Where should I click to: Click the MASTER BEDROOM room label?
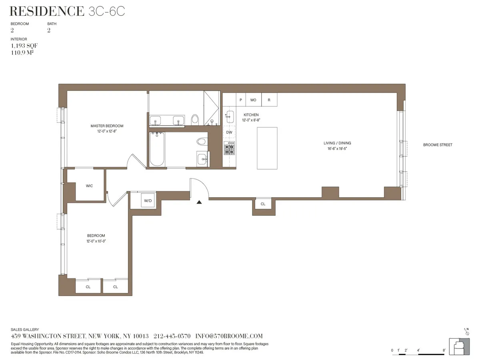click(x=107, y=126)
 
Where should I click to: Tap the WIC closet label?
click(x=90, y=186)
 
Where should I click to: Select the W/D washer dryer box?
click(x=148, y=200)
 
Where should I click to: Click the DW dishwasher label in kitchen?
click(x=229, y=132)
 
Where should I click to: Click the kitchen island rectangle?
click(x=267, y=148)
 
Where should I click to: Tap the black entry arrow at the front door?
click(x=199, y=202)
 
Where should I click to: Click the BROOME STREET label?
click(x=438, y=145)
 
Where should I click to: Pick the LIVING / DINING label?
click(x=337, y=143)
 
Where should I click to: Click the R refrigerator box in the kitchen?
click(x=269, y=100)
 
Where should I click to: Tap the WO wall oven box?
click(x=253, y=100)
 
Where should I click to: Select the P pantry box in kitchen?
click(x=241, y=100)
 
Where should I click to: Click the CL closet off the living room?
click(x=263, y=204)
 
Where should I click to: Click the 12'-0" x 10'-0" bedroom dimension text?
click(x=96, y=241)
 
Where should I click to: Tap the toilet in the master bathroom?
click(x=195, y=119)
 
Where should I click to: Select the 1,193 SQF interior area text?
click(x=24, y=46)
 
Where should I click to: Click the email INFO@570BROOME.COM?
click(x=229, y=336)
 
